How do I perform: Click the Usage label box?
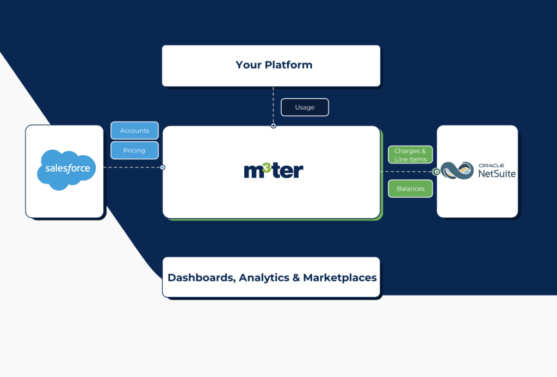305,108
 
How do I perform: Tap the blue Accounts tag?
134,130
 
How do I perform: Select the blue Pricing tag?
134,150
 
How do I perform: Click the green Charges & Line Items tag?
410,155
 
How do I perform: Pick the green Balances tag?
410,188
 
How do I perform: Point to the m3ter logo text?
273,171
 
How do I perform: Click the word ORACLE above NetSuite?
491,165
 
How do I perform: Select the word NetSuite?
497,174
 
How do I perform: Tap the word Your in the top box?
249,65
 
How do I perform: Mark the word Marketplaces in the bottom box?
339,278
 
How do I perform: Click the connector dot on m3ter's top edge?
274,126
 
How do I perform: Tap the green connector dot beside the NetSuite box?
436,172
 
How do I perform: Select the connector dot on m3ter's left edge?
163,167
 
